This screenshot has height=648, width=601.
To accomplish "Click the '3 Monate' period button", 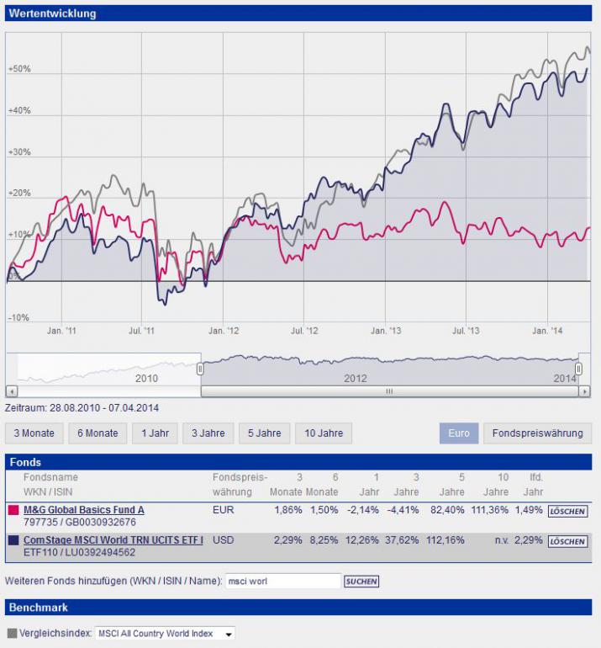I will [34, 433].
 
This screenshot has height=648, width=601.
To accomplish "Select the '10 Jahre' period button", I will [324, 433].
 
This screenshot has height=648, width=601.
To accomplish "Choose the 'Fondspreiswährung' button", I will [537, 433].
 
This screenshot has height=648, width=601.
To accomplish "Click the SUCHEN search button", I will [361, 582].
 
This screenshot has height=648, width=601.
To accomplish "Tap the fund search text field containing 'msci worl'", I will [283, 581].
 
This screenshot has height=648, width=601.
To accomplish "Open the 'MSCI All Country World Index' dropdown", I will [165, 634].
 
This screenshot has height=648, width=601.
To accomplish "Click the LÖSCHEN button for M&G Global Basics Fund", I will [567, 511].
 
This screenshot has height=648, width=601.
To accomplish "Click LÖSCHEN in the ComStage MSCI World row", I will [567, 541].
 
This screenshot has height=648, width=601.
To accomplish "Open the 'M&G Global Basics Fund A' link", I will [83, 510].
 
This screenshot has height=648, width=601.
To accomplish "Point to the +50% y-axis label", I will [19, 69].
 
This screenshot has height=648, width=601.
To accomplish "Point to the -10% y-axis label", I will [18, 318].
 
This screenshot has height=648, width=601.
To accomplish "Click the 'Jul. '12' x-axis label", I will [306, 332].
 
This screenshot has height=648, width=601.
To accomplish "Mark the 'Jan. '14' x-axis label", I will [547, 332].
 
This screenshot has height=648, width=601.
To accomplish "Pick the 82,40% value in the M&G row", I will [446, 510].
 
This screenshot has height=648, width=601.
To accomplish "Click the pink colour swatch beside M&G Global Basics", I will [13, 511].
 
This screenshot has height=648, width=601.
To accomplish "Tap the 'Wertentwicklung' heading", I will [53, 13].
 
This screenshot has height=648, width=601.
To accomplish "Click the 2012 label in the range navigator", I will [356, 379].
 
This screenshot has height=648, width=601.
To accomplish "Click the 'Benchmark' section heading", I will [39, 607].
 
